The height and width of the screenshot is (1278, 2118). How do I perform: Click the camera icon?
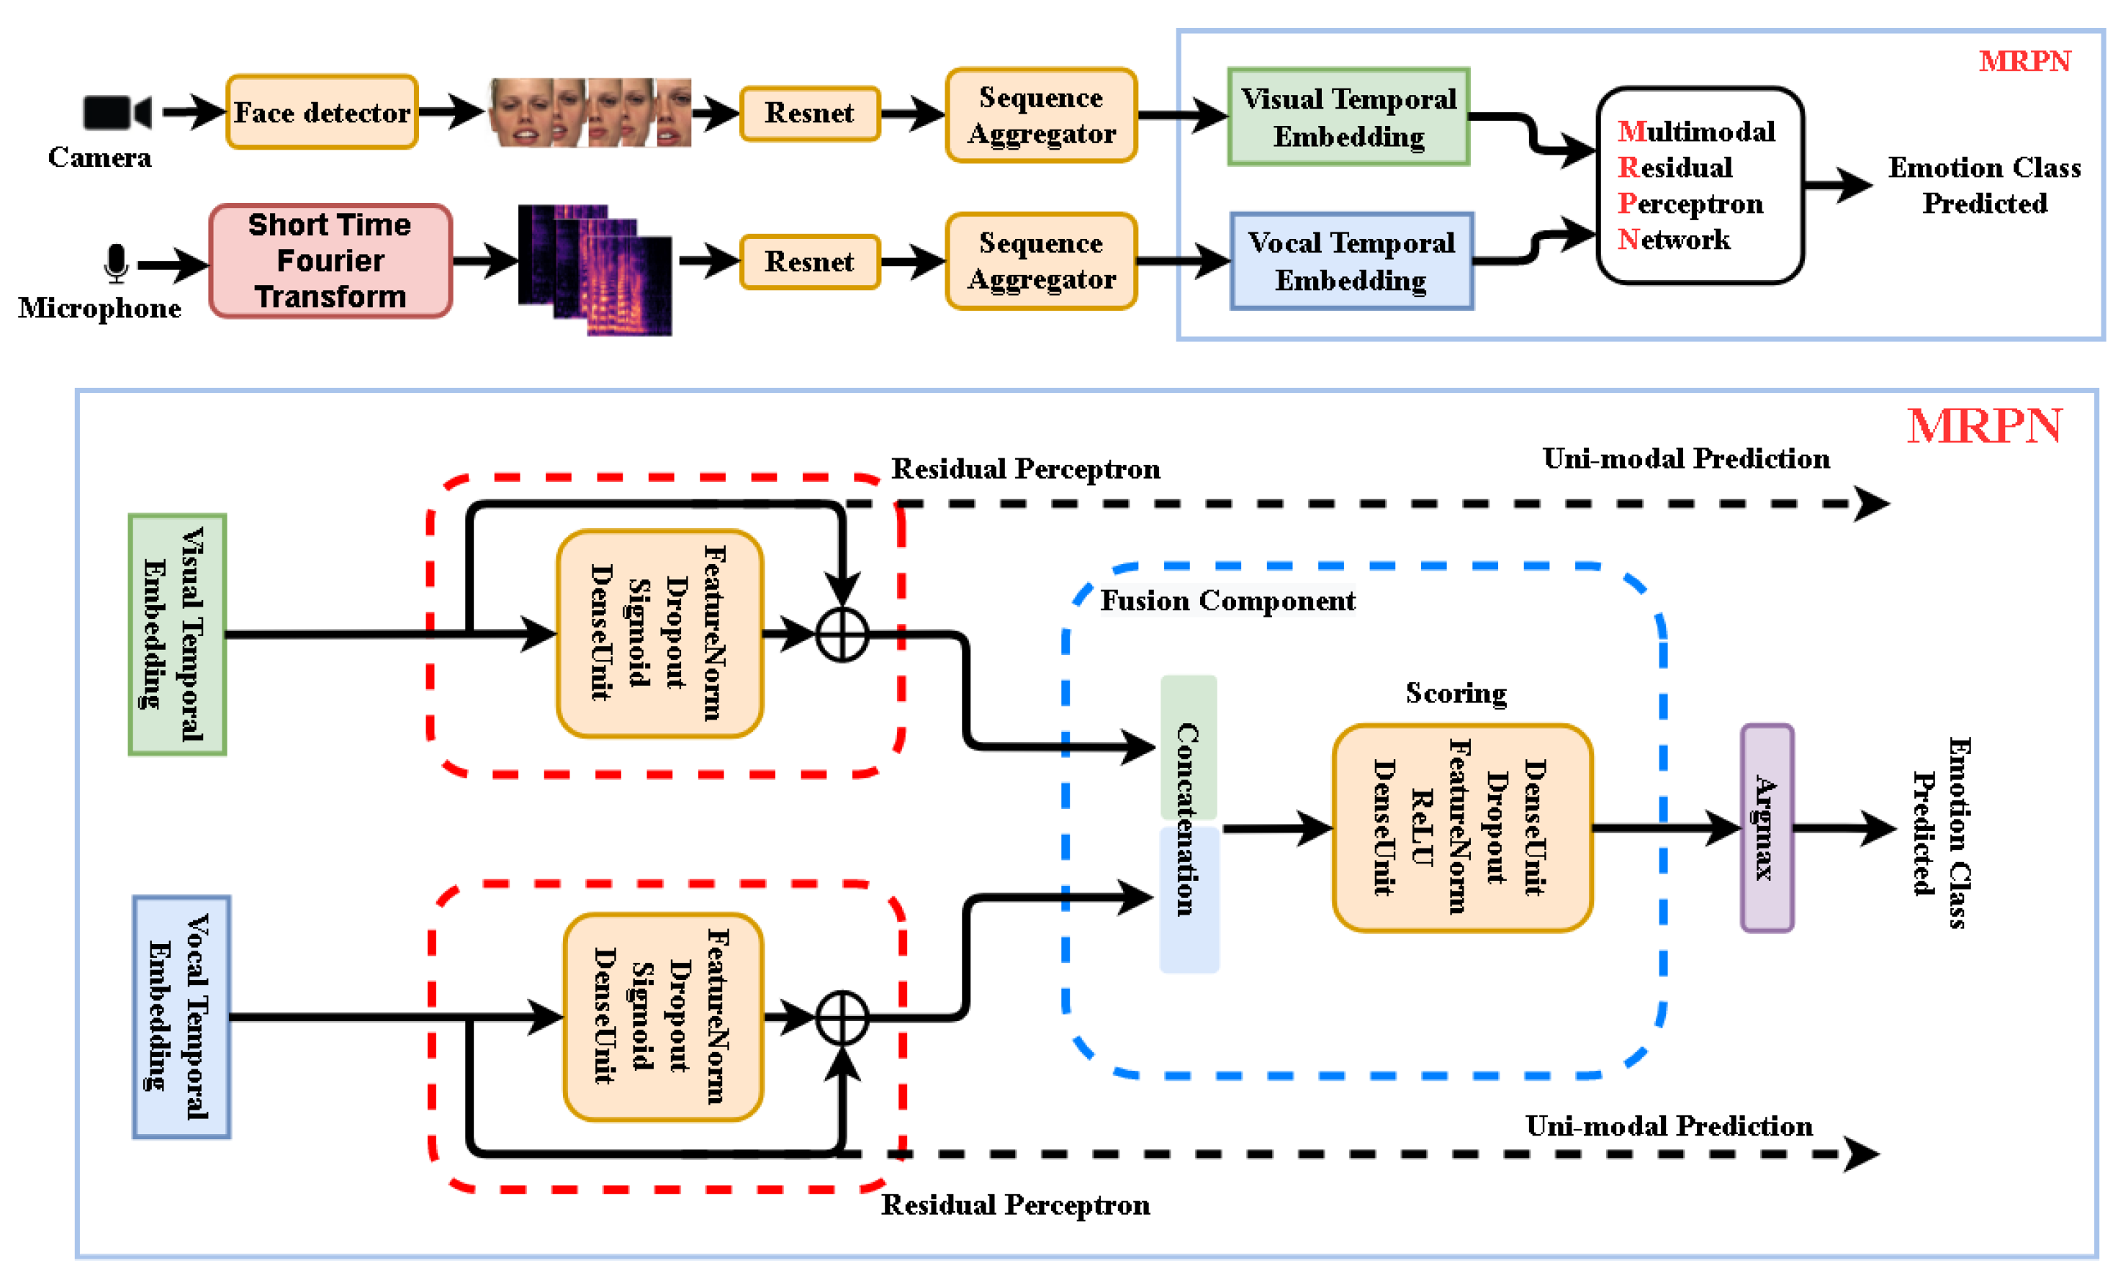coord(117,112)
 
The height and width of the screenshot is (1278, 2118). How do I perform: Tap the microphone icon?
coord(116,263)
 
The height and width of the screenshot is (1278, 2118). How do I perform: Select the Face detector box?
coord(322,112)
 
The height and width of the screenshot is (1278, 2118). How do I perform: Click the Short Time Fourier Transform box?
coord(330,261)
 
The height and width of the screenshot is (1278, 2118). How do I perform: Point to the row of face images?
coord(590,112)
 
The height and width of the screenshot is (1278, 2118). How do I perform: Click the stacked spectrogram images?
coord(595,270)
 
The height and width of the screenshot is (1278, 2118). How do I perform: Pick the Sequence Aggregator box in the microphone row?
coord(1040,261)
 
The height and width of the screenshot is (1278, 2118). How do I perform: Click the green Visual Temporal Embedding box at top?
coord(1348,117)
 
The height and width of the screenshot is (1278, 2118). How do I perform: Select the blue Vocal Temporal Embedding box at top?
coord(1351,261)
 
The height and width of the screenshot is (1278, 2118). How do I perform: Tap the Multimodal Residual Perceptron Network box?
coord(1700,185)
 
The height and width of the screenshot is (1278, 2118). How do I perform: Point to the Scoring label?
coord(1455,693)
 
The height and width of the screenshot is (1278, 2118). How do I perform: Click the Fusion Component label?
coord(1227,601)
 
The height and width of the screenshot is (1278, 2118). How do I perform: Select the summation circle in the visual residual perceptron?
coord(842,635)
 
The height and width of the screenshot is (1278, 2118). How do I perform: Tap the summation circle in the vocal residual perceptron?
coord(842,1018)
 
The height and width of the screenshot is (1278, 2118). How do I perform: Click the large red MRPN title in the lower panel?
coord(1983,426)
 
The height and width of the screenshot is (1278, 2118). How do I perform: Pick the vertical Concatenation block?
coord(1188,823)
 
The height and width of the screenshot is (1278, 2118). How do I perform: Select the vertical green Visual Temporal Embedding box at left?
coord(177,634)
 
